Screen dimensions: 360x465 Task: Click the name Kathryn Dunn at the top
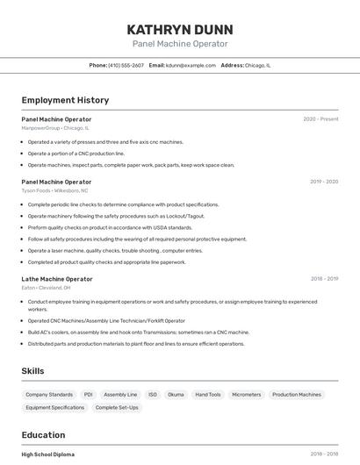pos(180,29)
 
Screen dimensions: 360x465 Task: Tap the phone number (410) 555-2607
pos(126,65)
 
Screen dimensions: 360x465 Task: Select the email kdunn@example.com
pos(190,65)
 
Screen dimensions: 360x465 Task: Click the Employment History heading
pos(65,101)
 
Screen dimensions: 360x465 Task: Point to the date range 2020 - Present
pos(320,119)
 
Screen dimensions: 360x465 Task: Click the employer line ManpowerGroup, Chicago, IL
pos(55,128)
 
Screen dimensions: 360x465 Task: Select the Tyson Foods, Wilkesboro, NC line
pos(54,190)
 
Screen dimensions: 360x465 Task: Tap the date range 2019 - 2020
pos(324,182)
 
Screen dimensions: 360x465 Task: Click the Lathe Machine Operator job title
pos(57,279)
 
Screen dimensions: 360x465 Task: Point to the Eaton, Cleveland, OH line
pos(46,288)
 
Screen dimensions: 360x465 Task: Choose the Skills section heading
pos(32,371)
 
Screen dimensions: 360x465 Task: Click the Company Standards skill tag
pos(49,395)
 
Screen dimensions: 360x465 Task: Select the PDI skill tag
pos(88,395)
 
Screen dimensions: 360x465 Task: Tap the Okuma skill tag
pos(176,395)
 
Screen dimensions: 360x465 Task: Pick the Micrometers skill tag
pos(247,395)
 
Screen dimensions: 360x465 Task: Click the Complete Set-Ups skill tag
pos(117,407)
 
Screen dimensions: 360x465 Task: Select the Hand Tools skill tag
pos(208,395)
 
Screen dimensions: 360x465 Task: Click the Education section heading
pos(43,435)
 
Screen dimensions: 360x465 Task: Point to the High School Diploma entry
pos(48,454)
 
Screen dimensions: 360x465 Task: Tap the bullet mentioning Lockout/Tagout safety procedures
pos(116,216)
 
